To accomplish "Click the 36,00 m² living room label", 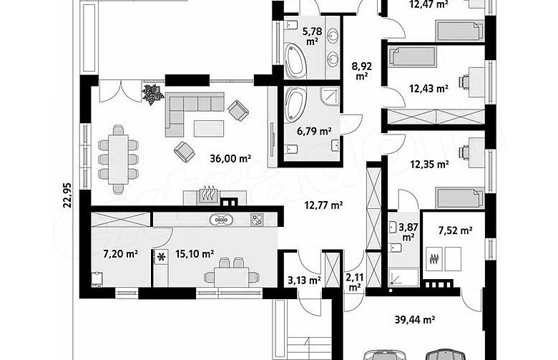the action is pos(230,158).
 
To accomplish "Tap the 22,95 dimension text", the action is pos(67,195).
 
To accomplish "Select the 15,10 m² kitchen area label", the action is pos(195,254).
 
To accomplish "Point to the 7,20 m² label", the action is pos(121,254).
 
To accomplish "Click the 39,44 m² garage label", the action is pos(415,320).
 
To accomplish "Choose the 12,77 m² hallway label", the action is pos(323,205).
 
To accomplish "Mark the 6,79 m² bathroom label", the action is pos(314,132).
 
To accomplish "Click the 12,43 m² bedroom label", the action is pos(429,88).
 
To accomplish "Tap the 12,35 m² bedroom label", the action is pos(429,165).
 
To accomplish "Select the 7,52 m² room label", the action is pos(455,230).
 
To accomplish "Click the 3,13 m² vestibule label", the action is pos(305,281).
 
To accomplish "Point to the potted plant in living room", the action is pos(153,93).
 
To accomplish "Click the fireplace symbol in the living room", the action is pos(207,196).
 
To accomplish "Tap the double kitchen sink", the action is pos(221,220).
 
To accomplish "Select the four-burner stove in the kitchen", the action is pos(257,219).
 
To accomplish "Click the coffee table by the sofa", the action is pos(209,129).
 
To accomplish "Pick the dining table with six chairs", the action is pos(118,159).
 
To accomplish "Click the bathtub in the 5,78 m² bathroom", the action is pos(295,61).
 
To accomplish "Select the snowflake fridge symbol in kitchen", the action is pos(162,257).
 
